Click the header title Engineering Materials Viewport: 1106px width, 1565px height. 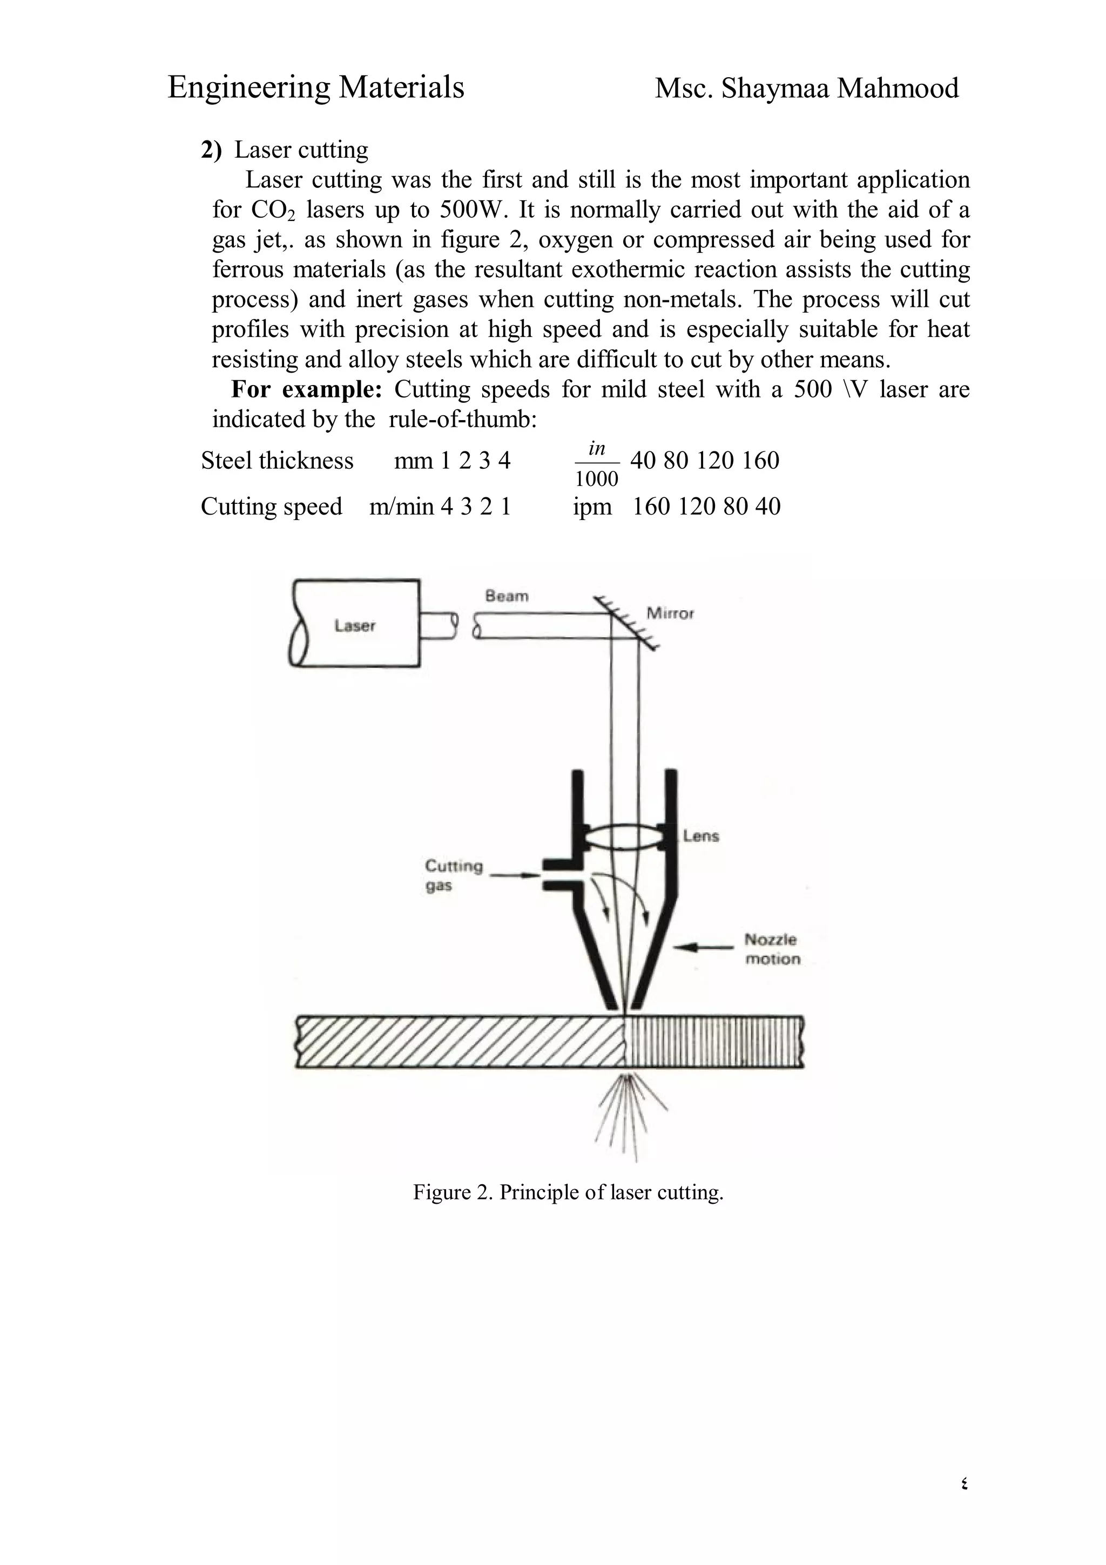tap(315, 88)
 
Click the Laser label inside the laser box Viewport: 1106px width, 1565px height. tap(354, 626)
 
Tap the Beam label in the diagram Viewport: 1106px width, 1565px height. tap(507, 596)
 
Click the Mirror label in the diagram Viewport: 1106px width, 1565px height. tap(670, 613)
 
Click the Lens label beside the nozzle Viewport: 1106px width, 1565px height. tap(701, 835)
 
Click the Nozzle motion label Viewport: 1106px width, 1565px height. tap(771, 949)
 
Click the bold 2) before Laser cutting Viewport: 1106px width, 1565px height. tap(211, 150)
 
